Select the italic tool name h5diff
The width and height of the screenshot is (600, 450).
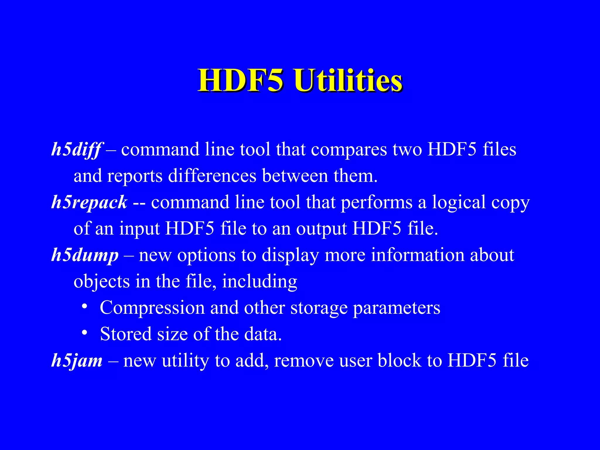point(77,150)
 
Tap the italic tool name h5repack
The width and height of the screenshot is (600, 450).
point(89,202)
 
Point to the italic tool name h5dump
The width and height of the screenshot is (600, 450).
point(85,255)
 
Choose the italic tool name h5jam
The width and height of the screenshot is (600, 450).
point(77,361)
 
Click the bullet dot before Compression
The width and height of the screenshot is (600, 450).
point(84,306)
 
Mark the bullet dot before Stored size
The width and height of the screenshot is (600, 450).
point(84,333)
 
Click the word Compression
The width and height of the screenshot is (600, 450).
point(152,308)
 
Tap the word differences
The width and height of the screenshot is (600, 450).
point(212,176)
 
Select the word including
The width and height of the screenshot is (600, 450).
point(260,282)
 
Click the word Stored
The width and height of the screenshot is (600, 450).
point(126,334)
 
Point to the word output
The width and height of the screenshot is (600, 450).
point(321,229)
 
